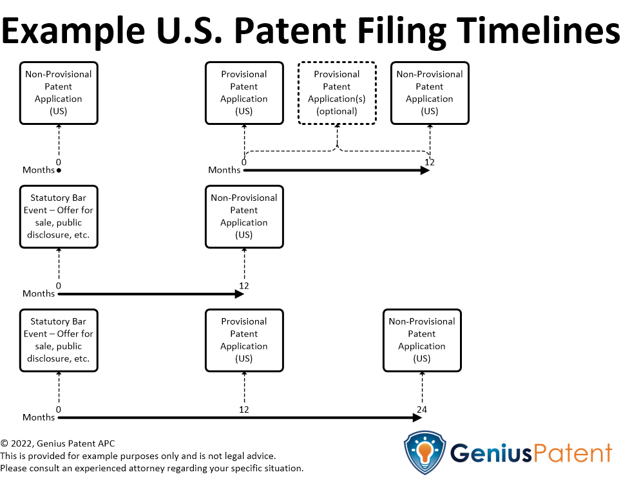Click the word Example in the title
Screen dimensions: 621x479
tap(73, 32)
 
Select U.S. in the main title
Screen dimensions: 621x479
tap(189, 30)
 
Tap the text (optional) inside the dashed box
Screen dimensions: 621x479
tap(337, 111)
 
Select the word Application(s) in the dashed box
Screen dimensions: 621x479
tap(337, 99)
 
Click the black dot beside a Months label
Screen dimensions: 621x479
tap(59, 171)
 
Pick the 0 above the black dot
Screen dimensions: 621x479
tap(59, 162)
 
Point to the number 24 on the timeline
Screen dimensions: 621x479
tap(422, 409)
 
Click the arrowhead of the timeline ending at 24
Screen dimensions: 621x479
tap(417, 418)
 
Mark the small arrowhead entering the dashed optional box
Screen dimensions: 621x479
tap(338, 126)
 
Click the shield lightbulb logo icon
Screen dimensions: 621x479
tap(425, 453)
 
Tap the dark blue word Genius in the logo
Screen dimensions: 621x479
tap(491, 453)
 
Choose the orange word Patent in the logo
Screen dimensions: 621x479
tap(572, 453)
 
